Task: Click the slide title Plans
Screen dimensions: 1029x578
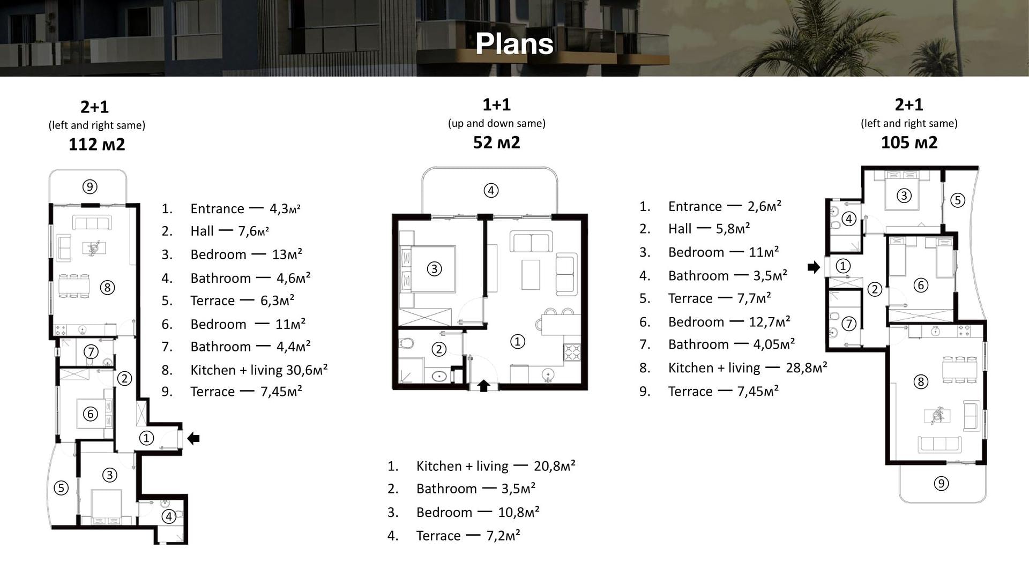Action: [x=514, y=43]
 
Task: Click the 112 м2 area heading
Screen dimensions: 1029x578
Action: [x=96, y=144]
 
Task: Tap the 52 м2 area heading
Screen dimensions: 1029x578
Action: [x=496, y=142]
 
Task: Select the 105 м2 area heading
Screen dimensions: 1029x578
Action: [x=909, y=142]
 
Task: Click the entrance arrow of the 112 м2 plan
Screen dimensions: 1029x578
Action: [x=193, y=439]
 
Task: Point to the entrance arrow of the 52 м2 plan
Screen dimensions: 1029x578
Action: [x=483, y=386]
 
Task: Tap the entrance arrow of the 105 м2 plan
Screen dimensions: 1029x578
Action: [x=814, y=267]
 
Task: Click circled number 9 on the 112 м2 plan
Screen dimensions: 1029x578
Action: [x=90, y=186]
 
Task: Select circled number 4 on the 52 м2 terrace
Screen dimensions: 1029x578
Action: [x=491, y=190]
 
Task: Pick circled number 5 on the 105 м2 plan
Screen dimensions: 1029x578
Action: [x=957, y=200]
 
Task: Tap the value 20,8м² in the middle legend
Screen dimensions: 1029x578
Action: [x=555, y=466]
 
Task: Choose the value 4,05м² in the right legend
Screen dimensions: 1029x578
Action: [x=774, y=344]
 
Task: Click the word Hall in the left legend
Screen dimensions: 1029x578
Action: [x=202, y=231]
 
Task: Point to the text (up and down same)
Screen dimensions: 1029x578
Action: [x=497, y=123]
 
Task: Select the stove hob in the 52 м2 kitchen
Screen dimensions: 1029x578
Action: [x=572, y=352]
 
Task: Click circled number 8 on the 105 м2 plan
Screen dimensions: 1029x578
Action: [x=921, y=381]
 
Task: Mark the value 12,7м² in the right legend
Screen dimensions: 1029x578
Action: [x=769, y=321]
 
